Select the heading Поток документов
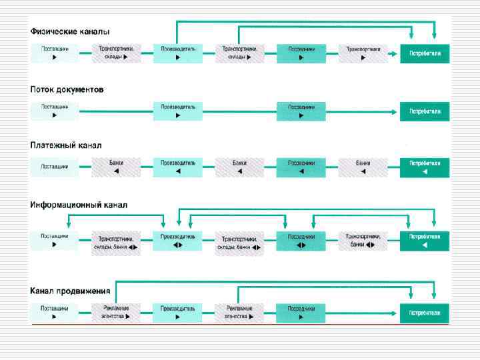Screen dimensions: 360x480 point(67,89)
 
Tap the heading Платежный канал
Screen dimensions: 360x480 point(66,145)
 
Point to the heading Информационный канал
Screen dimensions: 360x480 point(79,205)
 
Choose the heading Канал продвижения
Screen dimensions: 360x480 point(70,291)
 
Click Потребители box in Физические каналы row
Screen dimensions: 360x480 point(425,53)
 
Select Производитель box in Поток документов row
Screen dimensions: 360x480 point(178,111)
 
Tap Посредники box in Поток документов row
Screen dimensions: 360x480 point(301,111)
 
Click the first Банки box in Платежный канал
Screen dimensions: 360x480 point(117,167)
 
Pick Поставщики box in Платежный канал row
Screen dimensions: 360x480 point(54,167)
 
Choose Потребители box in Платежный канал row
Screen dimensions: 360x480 point(425,167)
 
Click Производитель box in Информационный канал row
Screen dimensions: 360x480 point(178,241)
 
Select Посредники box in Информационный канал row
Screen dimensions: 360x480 point(301,241)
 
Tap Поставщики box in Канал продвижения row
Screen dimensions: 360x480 point(54,313)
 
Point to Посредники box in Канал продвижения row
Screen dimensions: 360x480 point(301,313)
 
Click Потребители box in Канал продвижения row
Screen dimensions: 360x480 point(425,313)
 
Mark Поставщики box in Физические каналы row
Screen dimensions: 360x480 point(54,53)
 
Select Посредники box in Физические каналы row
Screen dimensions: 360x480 point(301,53)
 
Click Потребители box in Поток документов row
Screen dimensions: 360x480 point(425,111)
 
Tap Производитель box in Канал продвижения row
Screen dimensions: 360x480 point(178,313)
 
